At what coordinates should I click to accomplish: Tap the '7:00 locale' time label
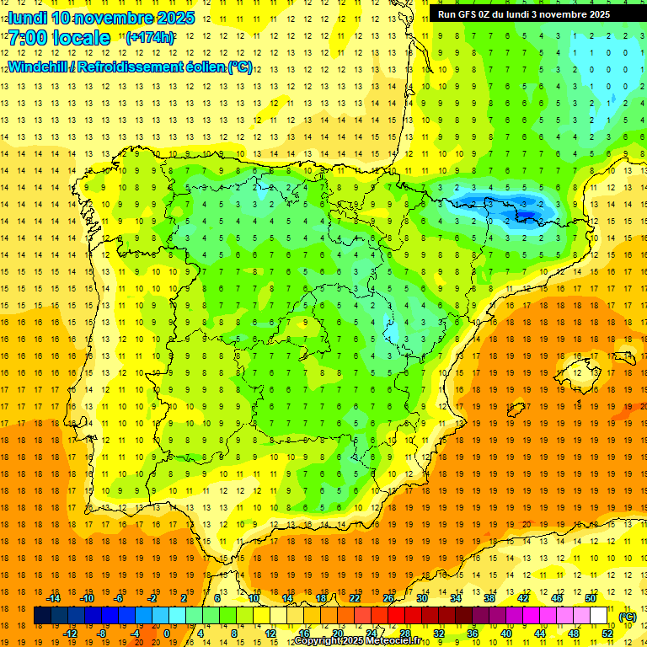[59, 38]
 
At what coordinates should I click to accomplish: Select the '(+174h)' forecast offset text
[150, 38]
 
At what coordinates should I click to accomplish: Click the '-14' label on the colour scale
[53, 598]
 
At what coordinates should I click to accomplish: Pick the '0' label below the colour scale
[166, 634]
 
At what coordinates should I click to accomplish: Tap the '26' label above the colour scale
[388, 598]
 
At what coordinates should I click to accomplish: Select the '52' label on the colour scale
[607, 634]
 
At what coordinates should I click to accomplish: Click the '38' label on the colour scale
[489, 598]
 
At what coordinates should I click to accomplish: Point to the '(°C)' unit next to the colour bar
[627, 617]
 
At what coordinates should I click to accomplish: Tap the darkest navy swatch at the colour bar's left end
[42, 616]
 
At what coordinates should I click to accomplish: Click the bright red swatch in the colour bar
[397, 616]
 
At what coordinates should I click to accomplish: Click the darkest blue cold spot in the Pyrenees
[527, 217]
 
